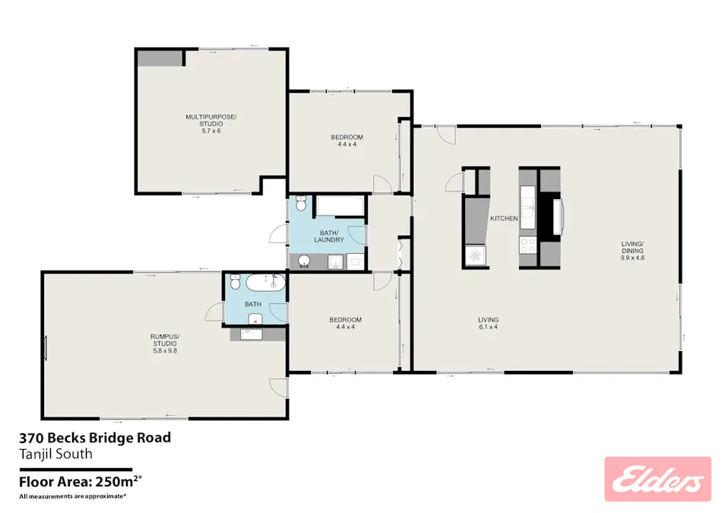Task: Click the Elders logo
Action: point(657,479)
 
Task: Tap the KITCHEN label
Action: point(503,218)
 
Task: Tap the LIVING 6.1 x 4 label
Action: point(487,323)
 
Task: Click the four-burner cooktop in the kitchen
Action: point(527,245)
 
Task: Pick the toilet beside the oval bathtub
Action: point(235,282)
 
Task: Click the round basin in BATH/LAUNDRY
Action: point(303,261)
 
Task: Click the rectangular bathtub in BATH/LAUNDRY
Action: point(340,205)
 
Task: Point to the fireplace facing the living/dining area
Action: point(559,215)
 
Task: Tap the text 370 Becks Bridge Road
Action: point(94,438)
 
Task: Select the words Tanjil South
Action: point(55,454)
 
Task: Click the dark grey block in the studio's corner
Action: point(160,58)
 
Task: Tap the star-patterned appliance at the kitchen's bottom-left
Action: point(476,255)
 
